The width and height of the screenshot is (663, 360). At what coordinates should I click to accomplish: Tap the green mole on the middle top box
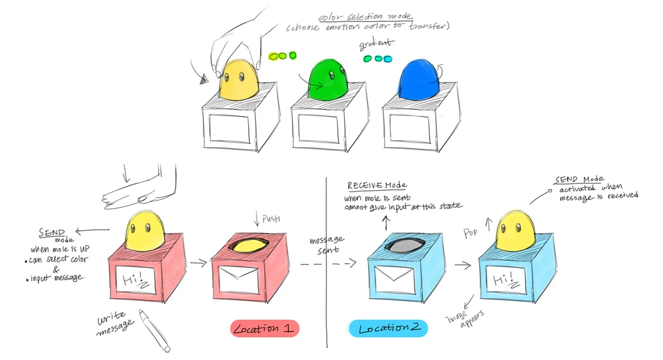pyautogui.click(x=329, y=82)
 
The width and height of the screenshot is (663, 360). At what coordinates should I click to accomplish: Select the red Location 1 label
pyautogui.click(x=264, y=329)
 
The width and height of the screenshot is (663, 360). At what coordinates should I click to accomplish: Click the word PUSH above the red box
pyautogui.click(x=271, y=219)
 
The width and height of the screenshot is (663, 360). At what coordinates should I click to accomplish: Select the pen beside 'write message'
pyautogui.click(x=154, y=331)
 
